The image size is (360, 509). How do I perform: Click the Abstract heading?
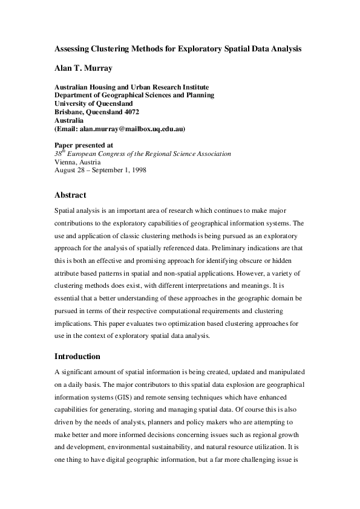[x=70, y=195]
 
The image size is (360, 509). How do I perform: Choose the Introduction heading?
[x=77, y=356]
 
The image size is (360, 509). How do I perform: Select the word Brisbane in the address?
[x=69, y=112]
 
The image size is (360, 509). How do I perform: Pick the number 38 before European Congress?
[x=58, y=154]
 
